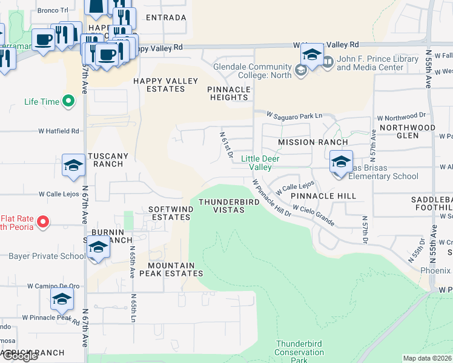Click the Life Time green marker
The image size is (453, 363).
coord(68,102)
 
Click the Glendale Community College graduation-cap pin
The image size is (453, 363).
coord(311,56)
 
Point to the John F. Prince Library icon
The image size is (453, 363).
coord(328,62)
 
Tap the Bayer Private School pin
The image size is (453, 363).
coord(98,248)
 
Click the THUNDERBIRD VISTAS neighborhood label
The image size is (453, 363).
coord(222,206)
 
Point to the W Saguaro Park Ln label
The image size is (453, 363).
coord(294,115)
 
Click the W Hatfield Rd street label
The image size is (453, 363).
coord(59,131)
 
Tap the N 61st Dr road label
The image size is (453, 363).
coord(226,145)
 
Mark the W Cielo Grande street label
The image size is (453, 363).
coord(313,215)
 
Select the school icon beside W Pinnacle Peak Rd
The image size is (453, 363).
coord(61,299)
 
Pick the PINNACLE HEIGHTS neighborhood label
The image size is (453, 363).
coord(229,93)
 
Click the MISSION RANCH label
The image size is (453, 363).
coord(312,142)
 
